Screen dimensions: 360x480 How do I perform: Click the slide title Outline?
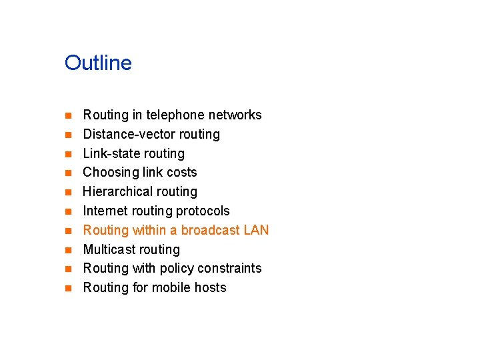(98, 63)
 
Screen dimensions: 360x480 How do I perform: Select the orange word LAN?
(257, 231)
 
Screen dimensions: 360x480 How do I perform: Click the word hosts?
(210, 288)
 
